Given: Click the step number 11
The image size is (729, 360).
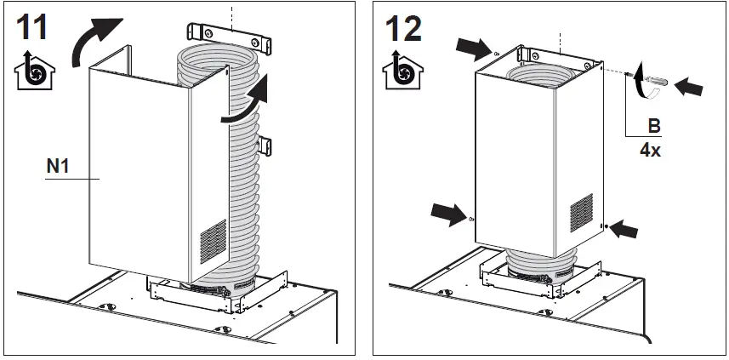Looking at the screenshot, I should coord(30,28).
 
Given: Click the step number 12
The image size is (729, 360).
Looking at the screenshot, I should coord(402,28).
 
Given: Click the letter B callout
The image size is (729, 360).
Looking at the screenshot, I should coord(654,126).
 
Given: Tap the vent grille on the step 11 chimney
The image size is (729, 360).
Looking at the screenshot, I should coord(214,243).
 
